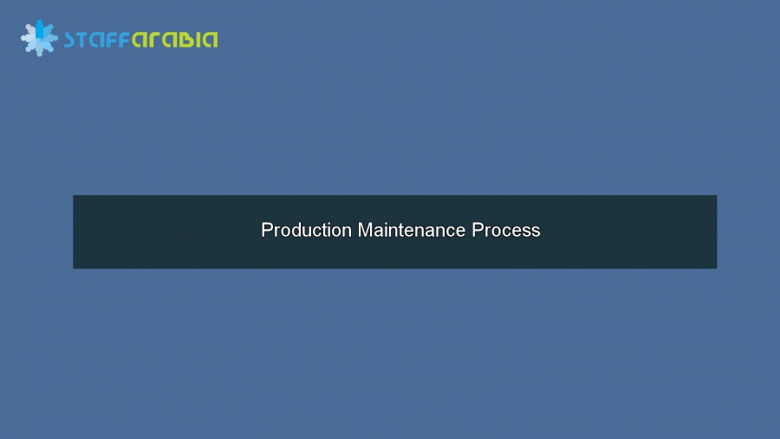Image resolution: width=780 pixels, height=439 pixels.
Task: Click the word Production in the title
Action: [x=307, y=230]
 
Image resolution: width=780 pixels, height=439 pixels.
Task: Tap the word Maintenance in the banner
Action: [x=412, y=230]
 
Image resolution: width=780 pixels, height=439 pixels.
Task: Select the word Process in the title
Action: [x=506, y=230]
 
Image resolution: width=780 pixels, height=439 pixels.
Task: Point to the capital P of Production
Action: [x=267, y=230]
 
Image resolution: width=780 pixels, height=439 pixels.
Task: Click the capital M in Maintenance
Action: [x=365, y=230]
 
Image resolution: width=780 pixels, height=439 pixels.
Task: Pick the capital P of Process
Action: [x=478, y=230]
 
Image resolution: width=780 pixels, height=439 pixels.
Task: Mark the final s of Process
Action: [x=536, y=232]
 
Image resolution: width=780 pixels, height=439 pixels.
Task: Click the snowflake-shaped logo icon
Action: [x=39, y=38]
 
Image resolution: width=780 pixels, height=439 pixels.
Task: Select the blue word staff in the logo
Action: [x=97, y=39]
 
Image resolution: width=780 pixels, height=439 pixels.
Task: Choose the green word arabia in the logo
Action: [x=174, y=40]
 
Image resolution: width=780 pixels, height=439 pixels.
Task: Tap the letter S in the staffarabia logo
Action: [x=69, y=40]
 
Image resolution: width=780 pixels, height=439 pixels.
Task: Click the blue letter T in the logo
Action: [x=82, y=40]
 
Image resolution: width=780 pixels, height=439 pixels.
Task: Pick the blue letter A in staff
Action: [x=96, y=40]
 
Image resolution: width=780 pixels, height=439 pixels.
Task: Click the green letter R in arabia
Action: [x=155, y=40]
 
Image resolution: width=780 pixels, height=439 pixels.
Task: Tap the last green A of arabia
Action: [x=211, y=40]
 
